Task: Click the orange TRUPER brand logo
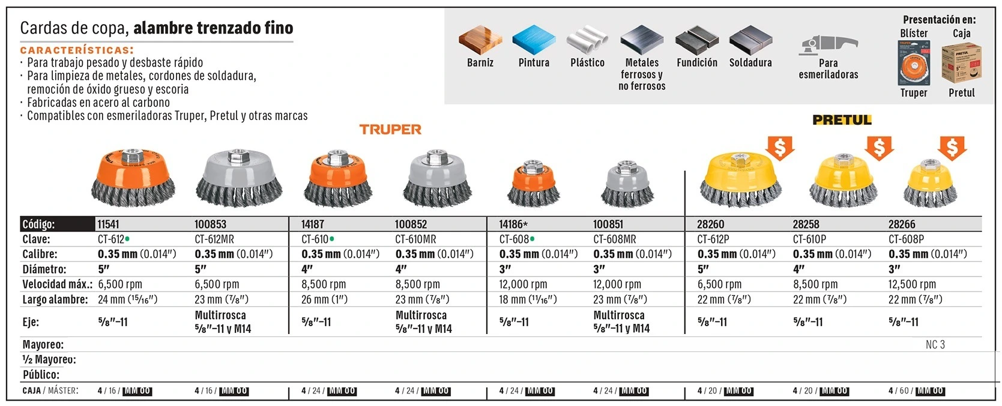[390, 130]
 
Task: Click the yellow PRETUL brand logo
[842, 120]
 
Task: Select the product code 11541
[109, 224]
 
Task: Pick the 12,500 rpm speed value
[911, 284]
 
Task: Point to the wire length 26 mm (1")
[324, 299]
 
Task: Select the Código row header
[39, 224]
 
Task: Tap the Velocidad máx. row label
[57, 284]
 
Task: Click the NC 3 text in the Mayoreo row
[935, 344]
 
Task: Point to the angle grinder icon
[828, 44]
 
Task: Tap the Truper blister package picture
[913, 63]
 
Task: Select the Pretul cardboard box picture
[961, 63]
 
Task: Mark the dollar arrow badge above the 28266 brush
[952, 148]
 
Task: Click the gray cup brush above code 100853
[240, 178]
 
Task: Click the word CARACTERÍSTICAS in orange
[77, 50]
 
